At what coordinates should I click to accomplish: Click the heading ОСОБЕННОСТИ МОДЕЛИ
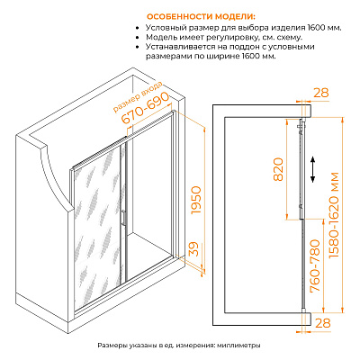tap(202, 16)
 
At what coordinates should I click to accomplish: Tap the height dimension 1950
tap(196, 200)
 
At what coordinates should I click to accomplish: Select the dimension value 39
tap(195, 249)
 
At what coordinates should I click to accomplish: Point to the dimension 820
tap(279, 169)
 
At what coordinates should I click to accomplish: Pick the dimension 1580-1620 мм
tap(334, 215)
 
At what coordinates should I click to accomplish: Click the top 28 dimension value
tap(321, 93)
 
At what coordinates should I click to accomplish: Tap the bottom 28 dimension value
tap(322, 323)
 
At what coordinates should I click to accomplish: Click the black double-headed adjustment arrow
tap(312, 169)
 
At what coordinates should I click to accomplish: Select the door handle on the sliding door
tap(123, 217)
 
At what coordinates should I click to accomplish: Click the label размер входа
tap(138, 97)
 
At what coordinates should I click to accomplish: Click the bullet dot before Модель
tap(138, 38)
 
